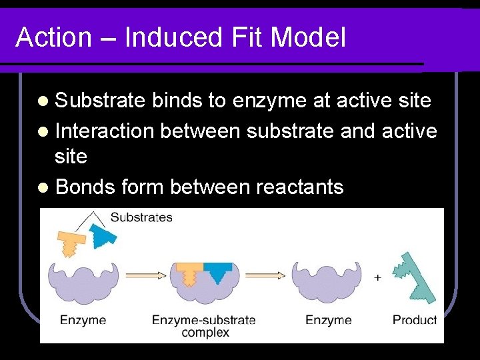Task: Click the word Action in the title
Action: tap(53, 38)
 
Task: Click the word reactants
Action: tap(300, 188)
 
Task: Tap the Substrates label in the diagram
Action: tap(141, 217)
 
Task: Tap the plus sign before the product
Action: tap(378, 277)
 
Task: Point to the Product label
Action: tap(414, 320)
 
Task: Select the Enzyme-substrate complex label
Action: tap(204, 325)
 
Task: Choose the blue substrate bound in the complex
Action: tap(217, 271)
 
